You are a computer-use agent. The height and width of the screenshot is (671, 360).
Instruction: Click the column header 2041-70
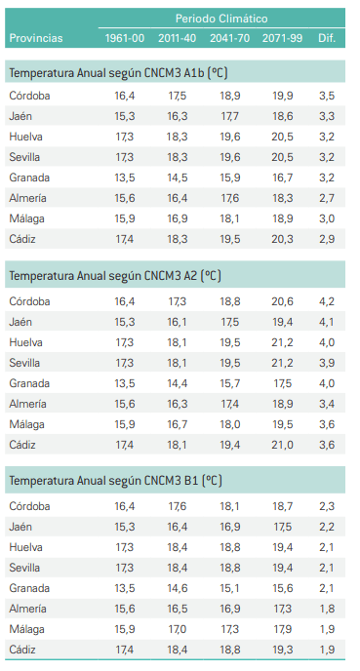229,38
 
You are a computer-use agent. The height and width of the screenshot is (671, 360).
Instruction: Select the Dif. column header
327,38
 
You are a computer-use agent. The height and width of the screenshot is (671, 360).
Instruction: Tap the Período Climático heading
221,19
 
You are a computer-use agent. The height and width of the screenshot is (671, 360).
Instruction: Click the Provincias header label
35,38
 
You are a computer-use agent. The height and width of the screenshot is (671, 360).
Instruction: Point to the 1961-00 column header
124,38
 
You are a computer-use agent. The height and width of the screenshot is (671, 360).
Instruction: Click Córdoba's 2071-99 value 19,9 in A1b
282,96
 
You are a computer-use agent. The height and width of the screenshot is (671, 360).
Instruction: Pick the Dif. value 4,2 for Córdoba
327,301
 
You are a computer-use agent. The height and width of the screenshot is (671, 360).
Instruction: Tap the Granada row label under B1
29,588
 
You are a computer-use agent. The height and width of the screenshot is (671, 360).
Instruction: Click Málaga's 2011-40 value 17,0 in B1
177,629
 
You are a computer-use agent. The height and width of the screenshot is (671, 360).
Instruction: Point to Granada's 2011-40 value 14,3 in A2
177,383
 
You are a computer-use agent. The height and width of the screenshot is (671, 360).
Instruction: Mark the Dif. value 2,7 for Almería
327,198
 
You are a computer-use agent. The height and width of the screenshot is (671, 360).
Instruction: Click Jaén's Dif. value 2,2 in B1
327,527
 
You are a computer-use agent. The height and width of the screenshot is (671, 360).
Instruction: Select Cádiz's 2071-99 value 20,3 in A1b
282,239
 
